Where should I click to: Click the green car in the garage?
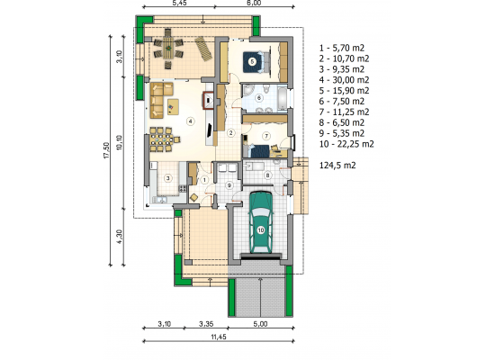point(261,222)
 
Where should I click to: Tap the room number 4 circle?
point(190,121)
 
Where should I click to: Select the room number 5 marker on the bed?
point(252,61)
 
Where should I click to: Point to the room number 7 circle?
point(266,136)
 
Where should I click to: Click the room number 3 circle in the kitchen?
point(168,178)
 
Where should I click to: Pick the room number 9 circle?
point(229,185)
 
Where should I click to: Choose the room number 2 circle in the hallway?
point(230,133)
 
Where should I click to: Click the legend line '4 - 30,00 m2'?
point(344,80)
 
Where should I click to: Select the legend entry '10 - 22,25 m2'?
point(346,144)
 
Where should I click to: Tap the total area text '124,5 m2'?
point(337,166)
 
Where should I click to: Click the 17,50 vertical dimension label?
point(106,150)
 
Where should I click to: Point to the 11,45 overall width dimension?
point(219,337)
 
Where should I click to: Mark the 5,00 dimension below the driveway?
point(260,324)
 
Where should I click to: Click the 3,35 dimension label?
point(206,324)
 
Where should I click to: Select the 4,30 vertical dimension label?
point(119,236)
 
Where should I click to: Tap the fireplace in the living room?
point(209,101)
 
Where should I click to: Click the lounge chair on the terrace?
point(203,49)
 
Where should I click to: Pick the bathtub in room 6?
point(282,97)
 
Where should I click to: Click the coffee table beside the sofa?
point(173,107)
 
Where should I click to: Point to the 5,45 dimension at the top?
point(179,3)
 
